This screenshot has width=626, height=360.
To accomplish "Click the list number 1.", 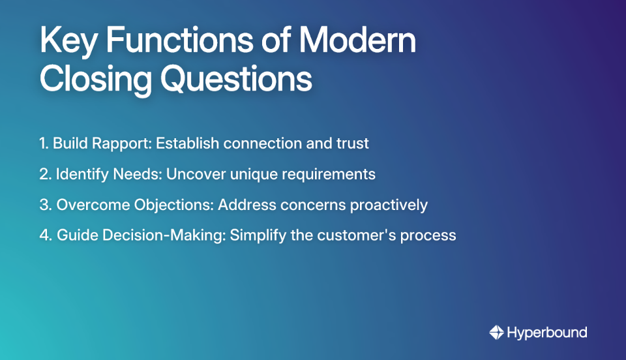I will pyautogui.click(x=44, y=143).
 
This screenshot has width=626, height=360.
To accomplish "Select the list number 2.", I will pyautogui.click(x=44, y=174).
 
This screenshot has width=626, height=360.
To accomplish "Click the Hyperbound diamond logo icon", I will pyautogui.click(x=496, y=333).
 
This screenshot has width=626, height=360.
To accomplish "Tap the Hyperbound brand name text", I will pyautogui.click(x=547, y=333).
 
